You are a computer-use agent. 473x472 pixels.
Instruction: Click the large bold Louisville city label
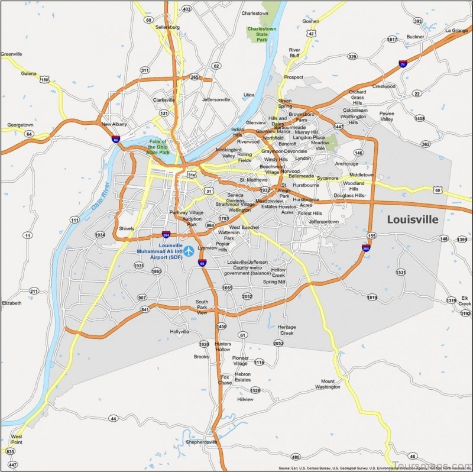[x=413, y=219]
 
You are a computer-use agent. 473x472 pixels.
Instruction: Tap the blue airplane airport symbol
[x=189, y=251]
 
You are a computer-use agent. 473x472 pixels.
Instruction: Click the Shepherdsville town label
[x=202, y=442]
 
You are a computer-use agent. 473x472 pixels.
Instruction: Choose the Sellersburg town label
[x=167, y=27]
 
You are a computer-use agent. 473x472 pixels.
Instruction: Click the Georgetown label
[x=20, y=125]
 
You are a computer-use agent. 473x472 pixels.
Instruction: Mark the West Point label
[x=17, y=439]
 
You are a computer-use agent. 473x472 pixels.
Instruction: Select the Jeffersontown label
[x=324, y=221]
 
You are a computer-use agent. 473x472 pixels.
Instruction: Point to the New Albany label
[x=115, y=124]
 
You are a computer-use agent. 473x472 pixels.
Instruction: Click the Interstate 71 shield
[x=403, y=63]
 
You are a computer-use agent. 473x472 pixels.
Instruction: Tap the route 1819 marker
[x=372, y=298]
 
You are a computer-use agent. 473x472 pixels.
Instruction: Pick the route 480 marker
[x=296, y=457]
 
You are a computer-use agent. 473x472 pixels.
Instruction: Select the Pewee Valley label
[x=387, y=117]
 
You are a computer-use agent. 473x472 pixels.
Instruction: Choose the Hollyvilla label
[x=180, y=332]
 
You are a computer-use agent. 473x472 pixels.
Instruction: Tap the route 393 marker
[x=417, y=21]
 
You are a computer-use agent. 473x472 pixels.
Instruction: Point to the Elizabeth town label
[x=11, y=303]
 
